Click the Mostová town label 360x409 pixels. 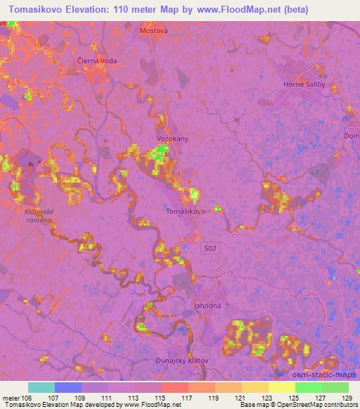(155, 30)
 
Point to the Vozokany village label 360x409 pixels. (172, 138)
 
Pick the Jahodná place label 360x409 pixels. (207, 306)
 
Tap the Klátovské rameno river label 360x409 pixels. (39, 215)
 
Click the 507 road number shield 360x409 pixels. (212, 248)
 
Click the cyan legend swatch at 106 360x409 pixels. (41, 387)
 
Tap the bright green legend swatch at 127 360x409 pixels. (308, 387)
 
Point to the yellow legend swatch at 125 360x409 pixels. (281, 387)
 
